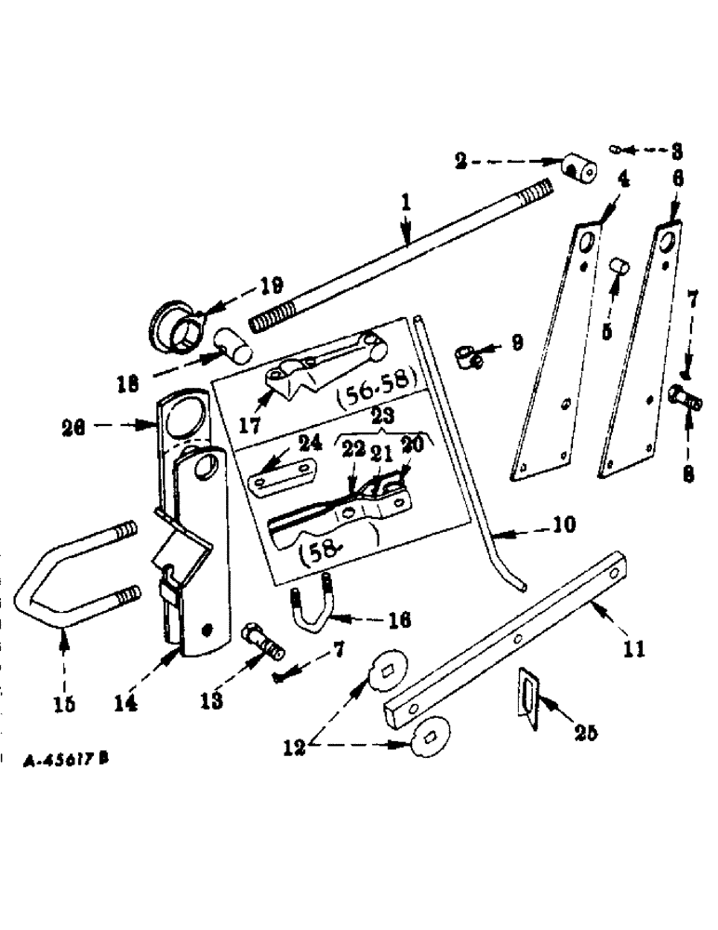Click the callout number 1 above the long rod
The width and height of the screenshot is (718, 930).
coord(406,199)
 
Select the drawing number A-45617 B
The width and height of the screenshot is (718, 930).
coord(66,759)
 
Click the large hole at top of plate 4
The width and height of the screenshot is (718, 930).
coord(588,244)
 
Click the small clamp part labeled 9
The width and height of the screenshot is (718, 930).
coord(469,355)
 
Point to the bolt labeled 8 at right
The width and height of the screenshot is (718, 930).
coord(688,403)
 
